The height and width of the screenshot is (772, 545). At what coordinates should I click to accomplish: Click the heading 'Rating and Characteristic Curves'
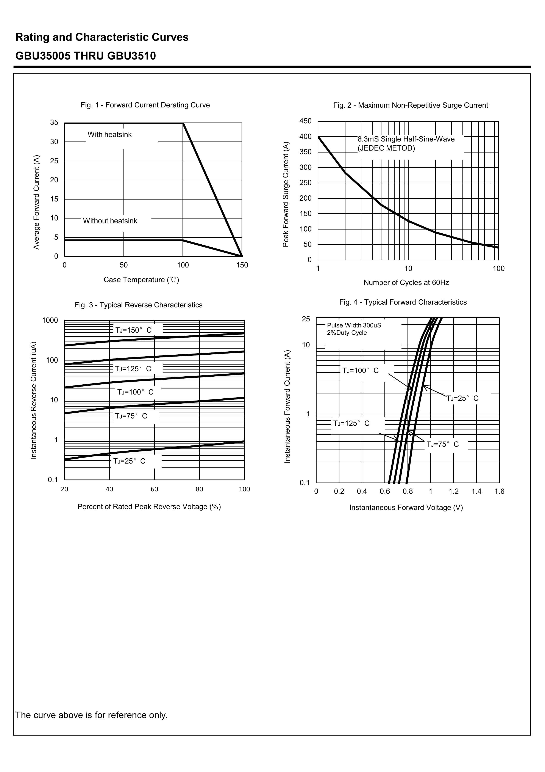pyautogui.click(x=102, y=37)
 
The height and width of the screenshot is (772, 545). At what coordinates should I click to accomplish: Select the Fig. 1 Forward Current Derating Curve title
pyautogui.click(x=145, y=105)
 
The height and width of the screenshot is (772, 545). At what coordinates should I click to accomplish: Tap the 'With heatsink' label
pyautogui.click(x=109, y=135)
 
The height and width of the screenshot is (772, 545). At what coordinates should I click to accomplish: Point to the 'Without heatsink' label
pyautogui.click(x=110, y=221)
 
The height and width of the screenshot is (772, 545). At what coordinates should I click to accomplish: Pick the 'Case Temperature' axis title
pyautogui.click(x=141, y=280)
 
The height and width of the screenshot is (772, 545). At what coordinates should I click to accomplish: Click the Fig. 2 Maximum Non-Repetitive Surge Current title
pyautogui.click(x=410, y=105)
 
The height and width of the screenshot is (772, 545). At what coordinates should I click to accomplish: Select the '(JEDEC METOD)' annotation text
pyautogui.click(x=386, y=148)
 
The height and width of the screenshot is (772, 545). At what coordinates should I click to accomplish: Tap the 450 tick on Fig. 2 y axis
pyautogui.click(x=305, y=121)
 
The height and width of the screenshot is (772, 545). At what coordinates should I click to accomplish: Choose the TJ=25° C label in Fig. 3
pyautogui.click(x=129, y=461)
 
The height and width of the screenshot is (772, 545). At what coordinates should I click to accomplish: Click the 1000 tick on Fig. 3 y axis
pyautogui.click(x=50, y=320)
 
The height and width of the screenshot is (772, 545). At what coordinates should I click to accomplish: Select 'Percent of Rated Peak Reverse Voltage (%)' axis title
pyautogui.click(x=149, y=507)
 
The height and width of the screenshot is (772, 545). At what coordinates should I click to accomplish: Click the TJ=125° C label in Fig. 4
pyautogui.click(x=351, y=423)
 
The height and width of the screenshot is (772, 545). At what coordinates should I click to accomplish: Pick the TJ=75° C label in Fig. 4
pyautogui.click(x=442, y=444)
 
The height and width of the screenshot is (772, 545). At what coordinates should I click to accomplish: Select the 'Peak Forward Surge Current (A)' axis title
pyautogui.click(x=286, y=194)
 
